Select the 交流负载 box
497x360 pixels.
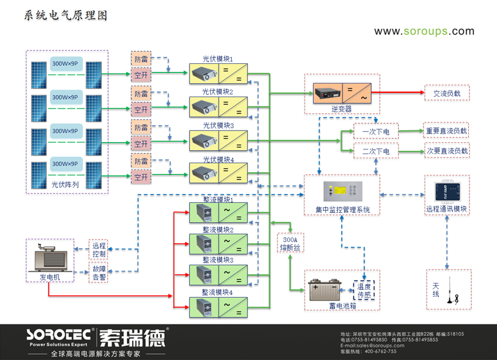pos(447,93)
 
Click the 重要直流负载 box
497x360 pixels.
pos(446,131)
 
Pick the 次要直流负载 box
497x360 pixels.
pos(446,151)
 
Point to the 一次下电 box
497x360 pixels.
pos(376,132)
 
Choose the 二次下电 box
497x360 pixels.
pos(376,152)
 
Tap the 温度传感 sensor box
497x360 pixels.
pos(364,290)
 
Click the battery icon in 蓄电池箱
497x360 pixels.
pos(325,290)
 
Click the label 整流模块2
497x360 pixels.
pos(218,229)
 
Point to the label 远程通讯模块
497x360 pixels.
pos(447,209)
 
